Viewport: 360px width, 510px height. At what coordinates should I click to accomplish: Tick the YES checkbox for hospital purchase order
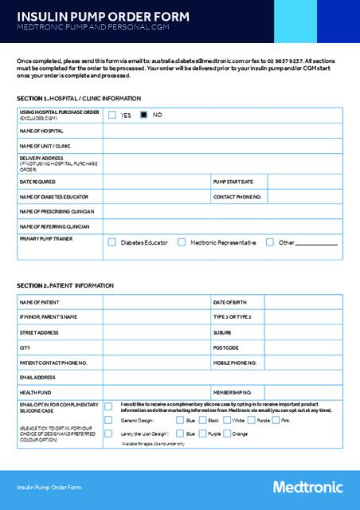112,115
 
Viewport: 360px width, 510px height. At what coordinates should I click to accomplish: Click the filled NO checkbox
144,115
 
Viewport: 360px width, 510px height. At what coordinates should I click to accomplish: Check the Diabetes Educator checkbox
112,241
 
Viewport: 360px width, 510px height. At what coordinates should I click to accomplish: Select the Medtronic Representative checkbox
182,241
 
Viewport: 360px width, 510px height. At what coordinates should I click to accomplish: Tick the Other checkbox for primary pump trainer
270,241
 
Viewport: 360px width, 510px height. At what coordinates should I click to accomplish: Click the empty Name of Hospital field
222,131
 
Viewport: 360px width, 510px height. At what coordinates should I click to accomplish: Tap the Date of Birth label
230,302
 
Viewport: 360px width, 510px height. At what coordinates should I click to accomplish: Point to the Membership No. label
233,393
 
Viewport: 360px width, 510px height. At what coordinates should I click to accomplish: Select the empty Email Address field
222,378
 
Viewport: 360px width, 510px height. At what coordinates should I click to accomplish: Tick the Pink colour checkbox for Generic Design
276,420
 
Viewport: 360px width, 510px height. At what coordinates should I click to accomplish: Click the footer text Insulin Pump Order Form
49,487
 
